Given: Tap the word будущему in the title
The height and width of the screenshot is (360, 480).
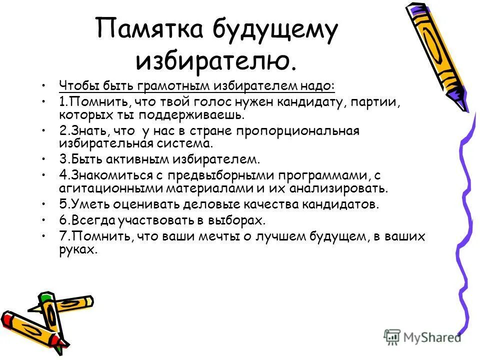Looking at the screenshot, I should (275, 32).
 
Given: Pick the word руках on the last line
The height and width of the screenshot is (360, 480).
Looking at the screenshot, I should (77, 249).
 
